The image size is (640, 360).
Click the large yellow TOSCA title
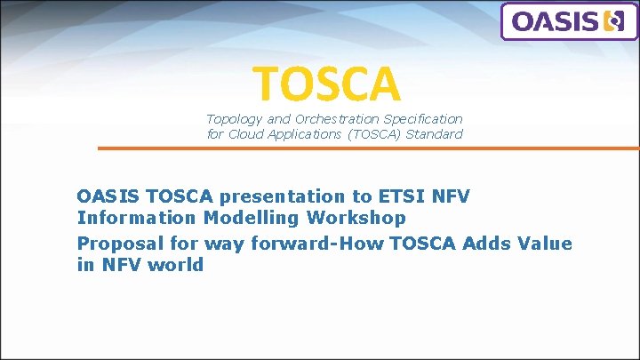[x=327, y=83]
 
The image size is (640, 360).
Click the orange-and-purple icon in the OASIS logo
[x=613, y=21]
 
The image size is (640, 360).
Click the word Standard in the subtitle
[x=433, y=134]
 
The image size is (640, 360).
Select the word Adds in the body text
[x=492, y=243]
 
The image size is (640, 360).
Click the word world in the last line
[x=176, y=265]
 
